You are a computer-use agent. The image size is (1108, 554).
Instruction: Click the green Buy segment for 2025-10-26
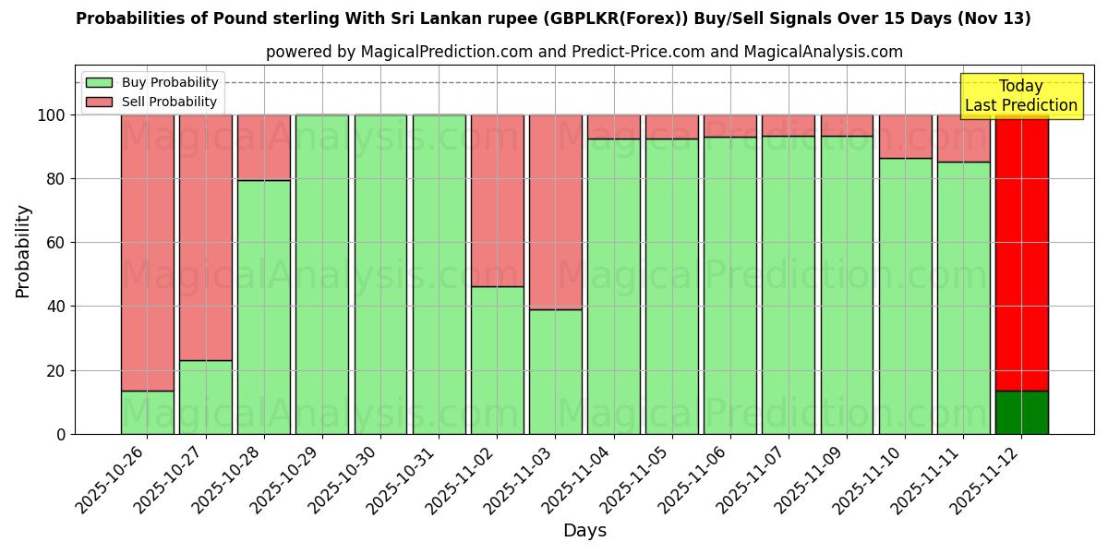[147, 412]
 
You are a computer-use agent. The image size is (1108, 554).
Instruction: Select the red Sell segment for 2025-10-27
[205, 237]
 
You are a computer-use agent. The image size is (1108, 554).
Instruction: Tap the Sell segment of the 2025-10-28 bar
[264, 147]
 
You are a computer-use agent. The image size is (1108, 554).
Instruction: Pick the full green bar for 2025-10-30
[380, 274]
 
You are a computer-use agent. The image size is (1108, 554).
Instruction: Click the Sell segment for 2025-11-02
[497, 200]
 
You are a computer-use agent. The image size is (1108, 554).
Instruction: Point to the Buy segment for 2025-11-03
[556, 371]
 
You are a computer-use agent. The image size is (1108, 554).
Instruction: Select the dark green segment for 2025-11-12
[1021, 412]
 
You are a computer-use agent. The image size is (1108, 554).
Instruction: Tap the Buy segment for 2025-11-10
[905, 295]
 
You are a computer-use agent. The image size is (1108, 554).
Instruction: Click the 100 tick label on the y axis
[52, 115]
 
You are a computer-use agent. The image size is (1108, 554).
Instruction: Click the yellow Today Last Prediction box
[1020, 96]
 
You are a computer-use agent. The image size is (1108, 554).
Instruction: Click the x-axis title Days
[584, 531]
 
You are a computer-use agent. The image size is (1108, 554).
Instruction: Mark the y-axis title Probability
[23, 250]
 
